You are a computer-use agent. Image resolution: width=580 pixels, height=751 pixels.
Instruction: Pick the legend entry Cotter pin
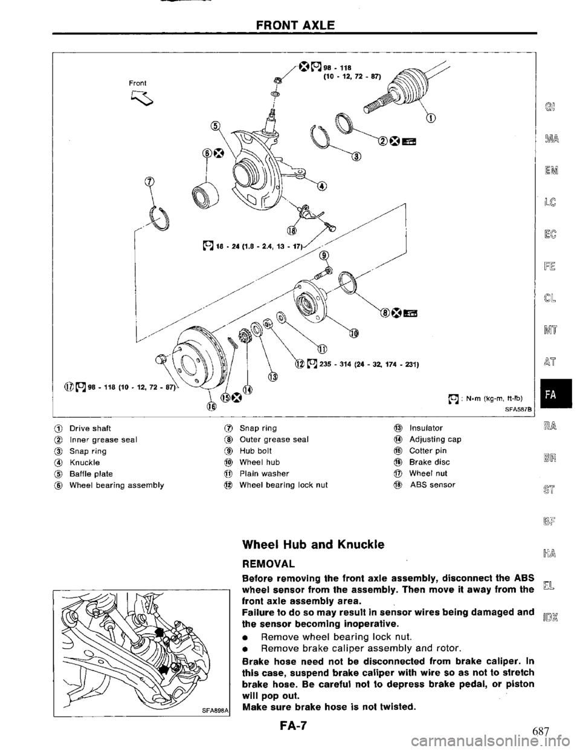coord(428,451)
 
